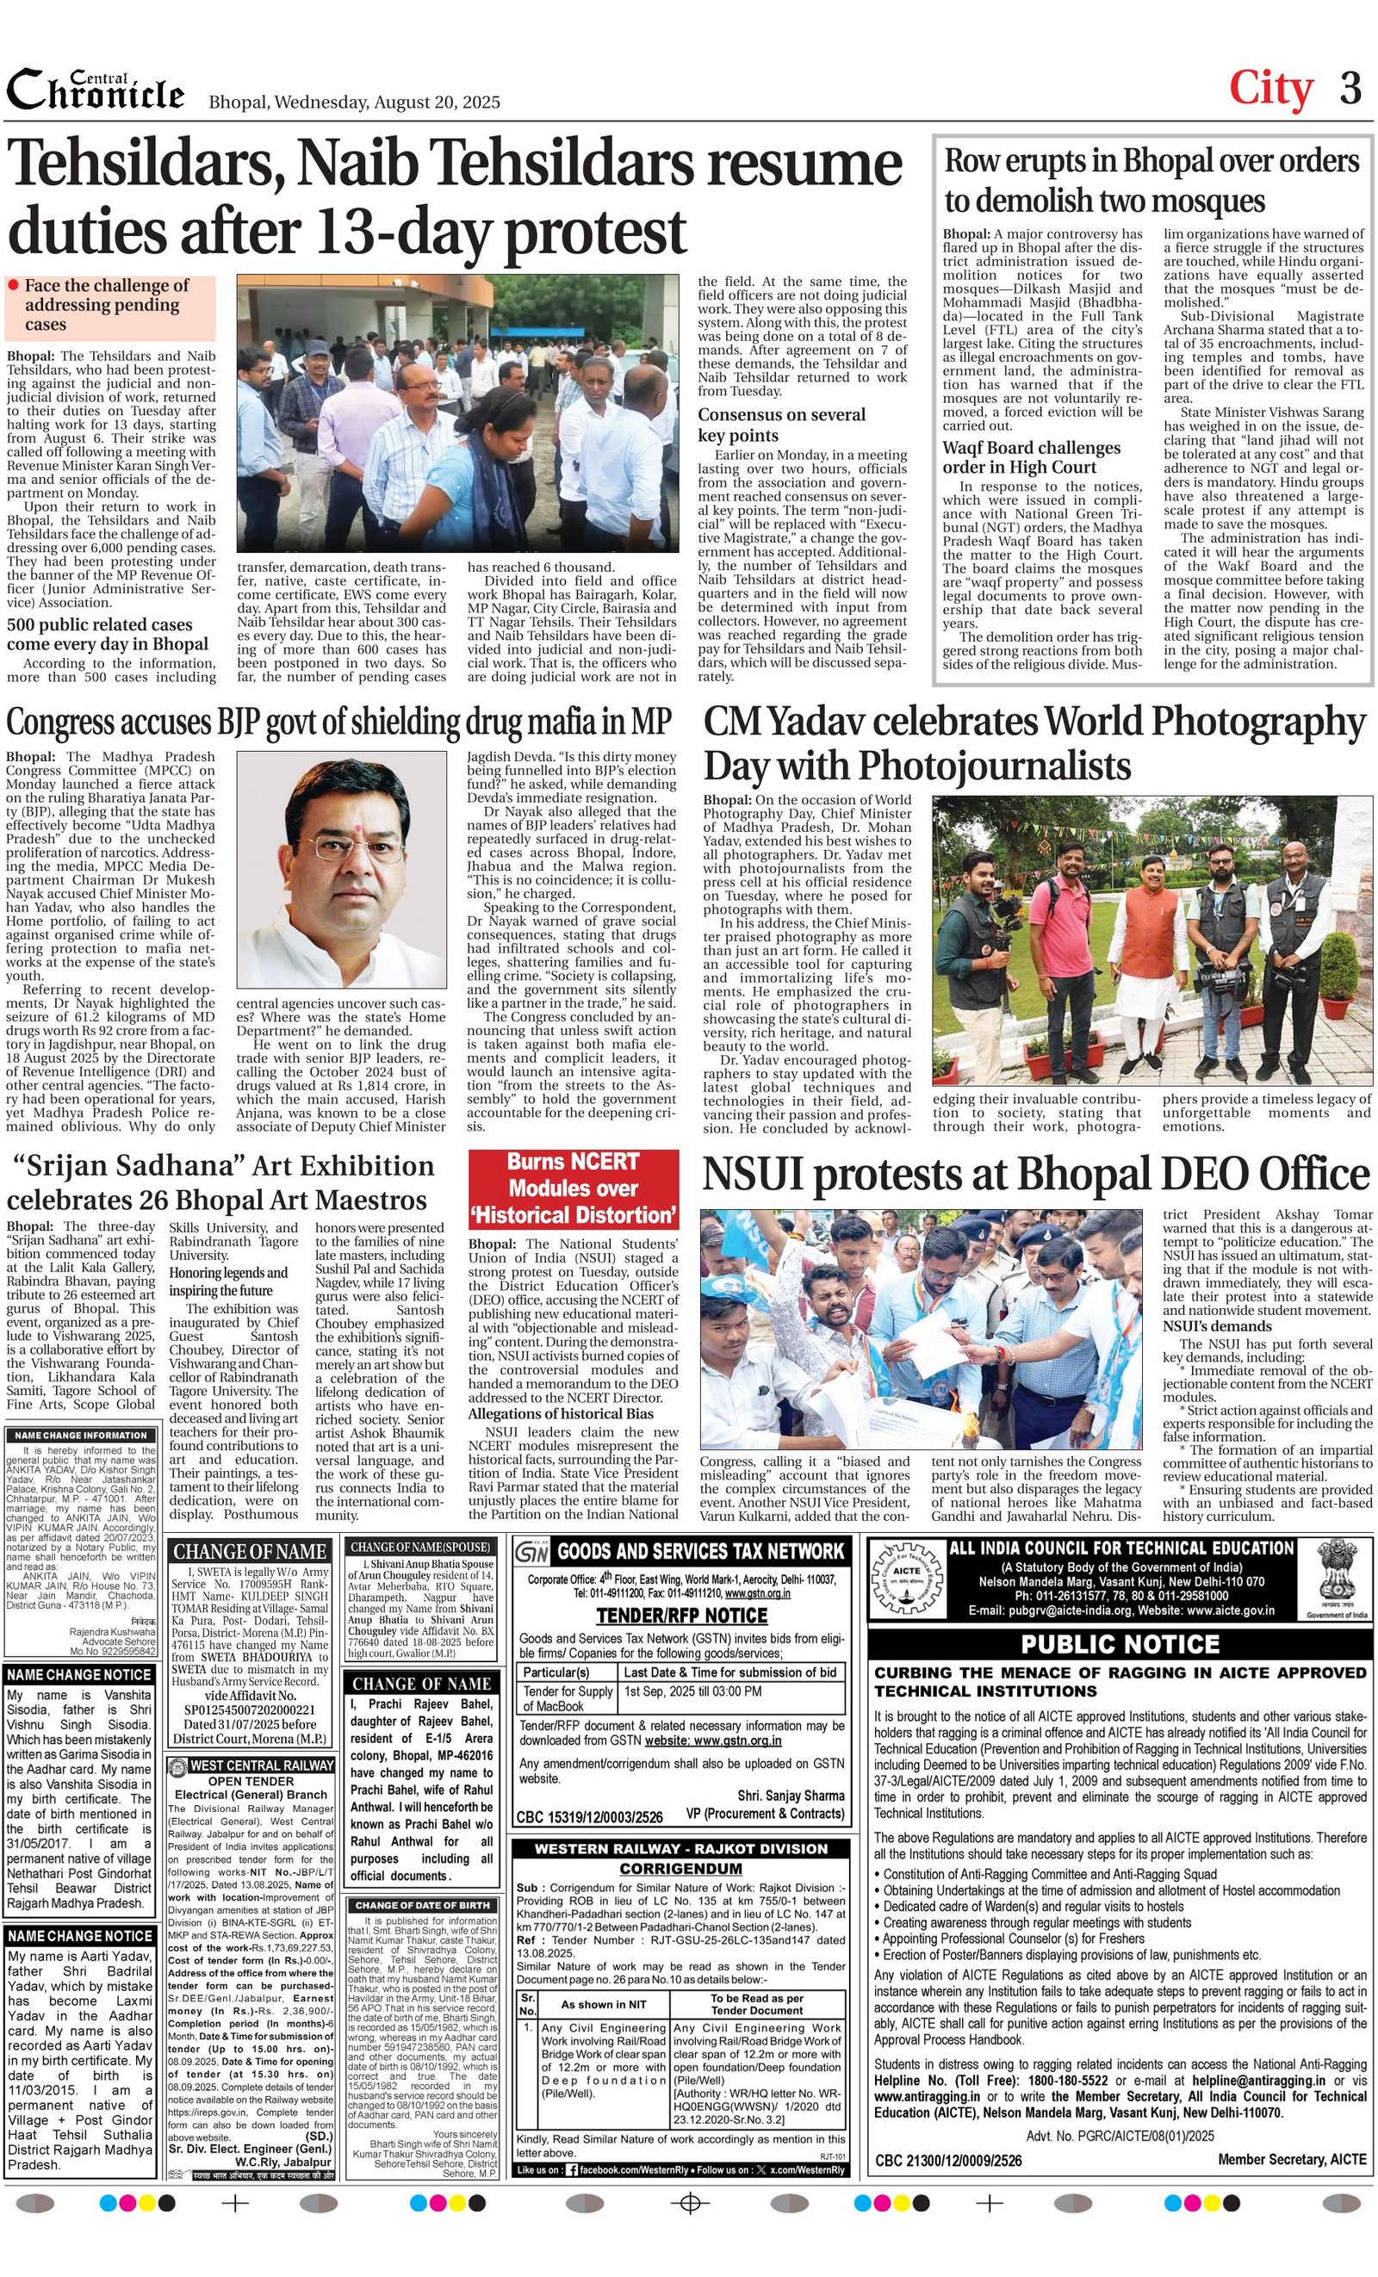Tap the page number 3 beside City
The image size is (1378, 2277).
click(x=1350, y=89)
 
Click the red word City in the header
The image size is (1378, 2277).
click(x=1271, y=89)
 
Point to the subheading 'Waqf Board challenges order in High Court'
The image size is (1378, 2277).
click(x=1032, y=457)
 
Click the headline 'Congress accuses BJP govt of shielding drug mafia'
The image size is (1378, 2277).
click(x=338, y=721)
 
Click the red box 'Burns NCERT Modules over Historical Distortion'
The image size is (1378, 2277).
click(x=573, y=1188)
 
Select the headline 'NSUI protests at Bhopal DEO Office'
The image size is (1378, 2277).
click(x=1035, y=1174)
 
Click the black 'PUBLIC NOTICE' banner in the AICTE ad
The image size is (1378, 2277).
click(x=1120, y=1644)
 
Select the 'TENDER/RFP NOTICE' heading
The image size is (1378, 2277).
click(x=681, y=1616)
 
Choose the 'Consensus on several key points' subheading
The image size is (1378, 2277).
click(x=768, y=425)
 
